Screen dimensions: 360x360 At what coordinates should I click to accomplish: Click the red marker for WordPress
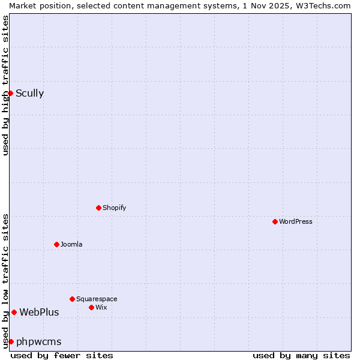[x=275, y=221]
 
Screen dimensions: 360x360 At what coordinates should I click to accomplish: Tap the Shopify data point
[x=98, y=208]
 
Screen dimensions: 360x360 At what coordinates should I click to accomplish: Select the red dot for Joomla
[x=56, y=244]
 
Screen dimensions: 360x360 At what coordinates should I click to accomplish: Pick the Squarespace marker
[x=72, y=299]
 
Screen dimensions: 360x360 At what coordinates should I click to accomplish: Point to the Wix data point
[x=91, y=307]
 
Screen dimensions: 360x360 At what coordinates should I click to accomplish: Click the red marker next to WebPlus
[x=14, y=312]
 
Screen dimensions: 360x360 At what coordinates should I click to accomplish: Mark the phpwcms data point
[x=11, y=341]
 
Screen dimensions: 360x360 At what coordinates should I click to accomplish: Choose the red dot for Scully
[x=10, y=93]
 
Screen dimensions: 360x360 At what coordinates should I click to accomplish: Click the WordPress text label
[x=296, y=221]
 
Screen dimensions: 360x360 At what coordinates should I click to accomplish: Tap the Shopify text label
[x=114, y=208]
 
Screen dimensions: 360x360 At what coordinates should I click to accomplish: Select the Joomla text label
[x=71, y=244]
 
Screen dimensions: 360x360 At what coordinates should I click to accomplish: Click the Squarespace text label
[x=97, y=299]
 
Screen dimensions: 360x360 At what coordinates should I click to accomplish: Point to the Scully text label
[x=29, y=93]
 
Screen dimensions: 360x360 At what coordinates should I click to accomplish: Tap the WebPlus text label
[x=39, y=312]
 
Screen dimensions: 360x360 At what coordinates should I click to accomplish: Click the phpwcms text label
[x=38, y=341]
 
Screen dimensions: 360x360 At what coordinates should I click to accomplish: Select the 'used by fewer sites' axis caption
[x=62, y=355]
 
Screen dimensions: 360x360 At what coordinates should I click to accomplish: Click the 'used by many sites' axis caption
[x=301, y=355]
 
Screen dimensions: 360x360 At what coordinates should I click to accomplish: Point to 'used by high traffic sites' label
[x=5, y=85]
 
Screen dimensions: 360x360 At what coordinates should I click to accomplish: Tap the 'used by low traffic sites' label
[x=5, y=281]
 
